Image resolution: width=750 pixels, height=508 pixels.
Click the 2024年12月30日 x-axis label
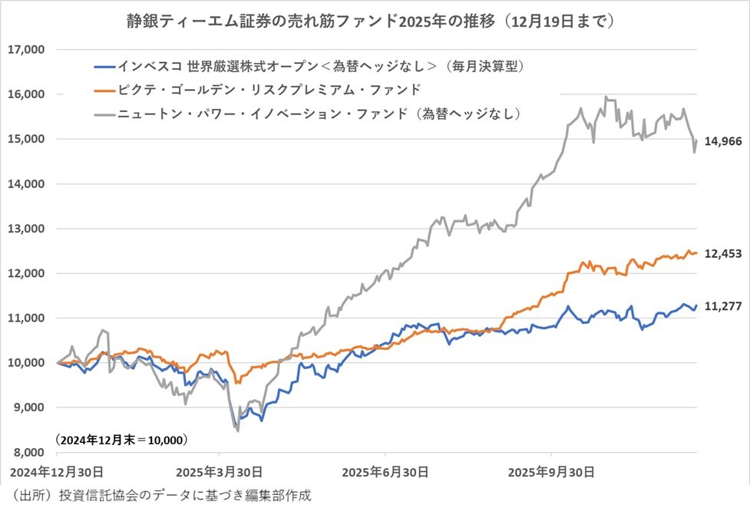click(x=53, y=470)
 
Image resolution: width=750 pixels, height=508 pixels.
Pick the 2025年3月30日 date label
click(x=219, y=470)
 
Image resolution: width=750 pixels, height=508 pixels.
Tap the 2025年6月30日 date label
click(x=385, y=470)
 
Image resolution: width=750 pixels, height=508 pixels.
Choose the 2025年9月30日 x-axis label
click(x=550, y=470)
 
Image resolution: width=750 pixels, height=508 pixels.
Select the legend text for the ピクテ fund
click(x=269, y=90)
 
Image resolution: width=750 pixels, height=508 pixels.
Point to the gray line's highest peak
click(x=606, y=97)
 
